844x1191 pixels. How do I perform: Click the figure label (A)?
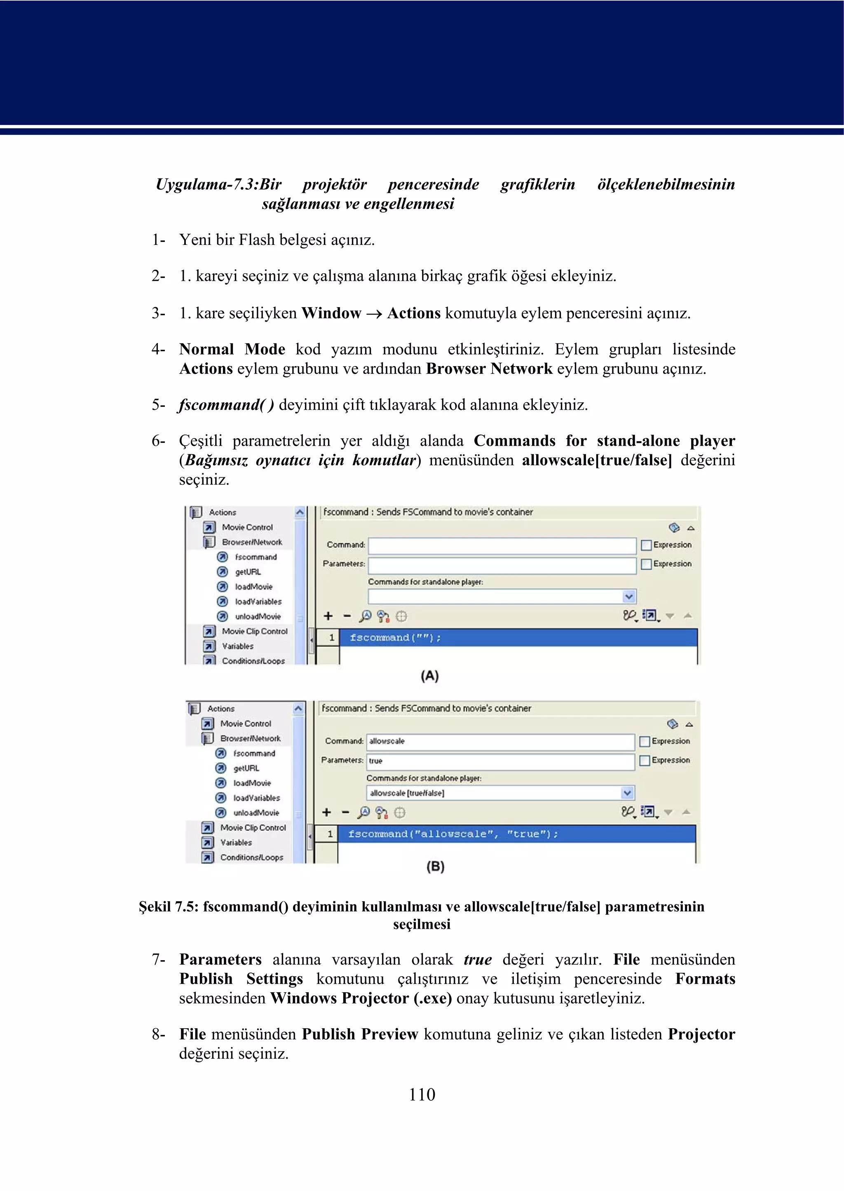(x=430, y=676)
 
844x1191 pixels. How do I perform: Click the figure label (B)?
(x=436, y=866)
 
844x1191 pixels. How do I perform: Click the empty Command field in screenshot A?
(x=502, y=546)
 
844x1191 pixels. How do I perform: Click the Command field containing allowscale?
(x=500, y=741)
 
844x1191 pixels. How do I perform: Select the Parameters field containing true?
(x=500, y=761)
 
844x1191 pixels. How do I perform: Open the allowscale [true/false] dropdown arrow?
(x=627, y=793)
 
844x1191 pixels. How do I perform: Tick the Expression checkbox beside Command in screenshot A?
(x=647, y=545)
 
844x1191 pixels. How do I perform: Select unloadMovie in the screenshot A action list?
(x=258, y=617)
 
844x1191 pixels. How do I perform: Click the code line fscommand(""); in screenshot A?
(x=395, y=638)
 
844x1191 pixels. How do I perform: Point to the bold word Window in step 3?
(x=331, y=313)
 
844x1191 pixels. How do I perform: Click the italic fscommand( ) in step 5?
(x=226, y=405)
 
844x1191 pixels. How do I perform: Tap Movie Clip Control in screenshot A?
(x=255, y=632)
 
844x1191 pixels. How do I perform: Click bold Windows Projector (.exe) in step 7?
(x=361, y=998)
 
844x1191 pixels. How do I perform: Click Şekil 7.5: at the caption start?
(x=169, y=907)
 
